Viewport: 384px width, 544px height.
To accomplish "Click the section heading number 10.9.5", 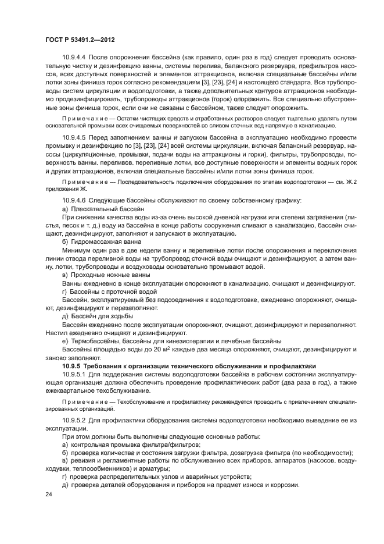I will click(x=71, y=365).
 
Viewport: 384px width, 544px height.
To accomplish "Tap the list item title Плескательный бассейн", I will click(x=107, y=208).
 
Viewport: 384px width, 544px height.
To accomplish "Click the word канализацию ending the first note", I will click(x=313, y=125).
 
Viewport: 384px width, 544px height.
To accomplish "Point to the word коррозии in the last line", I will click(x=282, y=486).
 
